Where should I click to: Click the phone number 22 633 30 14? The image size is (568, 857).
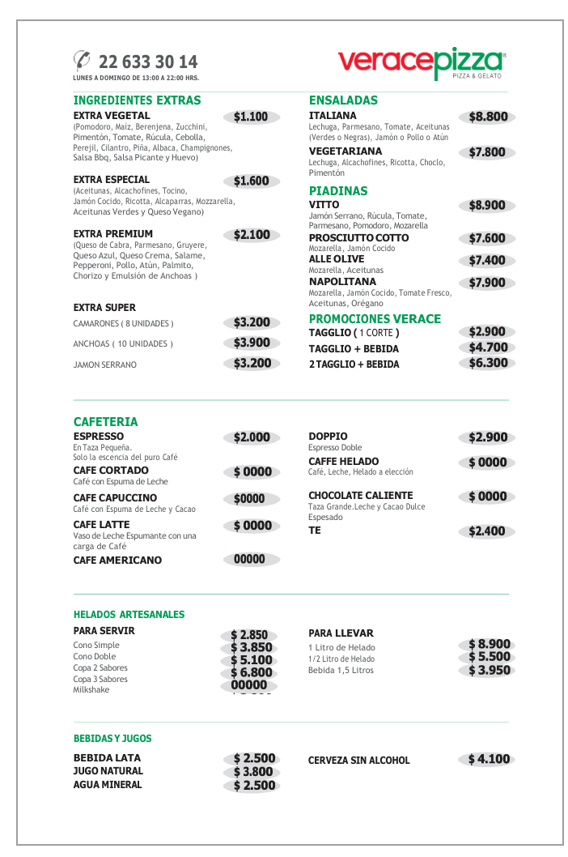[147, 62]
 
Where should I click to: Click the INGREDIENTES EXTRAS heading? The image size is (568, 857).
[137, 100]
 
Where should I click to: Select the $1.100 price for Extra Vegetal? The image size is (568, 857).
[251, 117]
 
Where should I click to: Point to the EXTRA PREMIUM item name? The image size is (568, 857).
[112, 234]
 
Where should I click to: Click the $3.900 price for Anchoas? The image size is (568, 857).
[252, 343]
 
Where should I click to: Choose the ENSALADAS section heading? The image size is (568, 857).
[343, 100]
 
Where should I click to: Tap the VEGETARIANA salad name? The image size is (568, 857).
[345, 151]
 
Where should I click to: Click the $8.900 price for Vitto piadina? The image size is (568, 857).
[487, 206]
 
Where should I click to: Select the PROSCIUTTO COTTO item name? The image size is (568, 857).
[358, 238]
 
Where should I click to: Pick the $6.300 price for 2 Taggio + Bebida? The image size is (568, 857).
[488, 363]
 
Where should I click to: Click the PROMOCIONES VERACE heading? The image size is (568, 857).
[375, 319]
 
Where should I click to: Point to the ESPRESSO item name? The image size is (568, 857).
[99, 437]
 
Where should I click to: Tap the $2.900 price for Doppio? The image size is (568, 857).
[488, 437]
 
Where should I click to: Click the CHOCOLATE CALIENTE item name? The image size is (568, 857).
[360, 496]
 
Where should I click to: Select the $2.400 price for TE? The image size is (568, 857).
[488, 531]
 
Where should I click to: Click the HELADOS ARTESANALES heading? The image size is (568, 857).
[129, 615]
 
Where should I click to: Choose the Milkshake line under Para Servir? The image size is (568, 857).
[91, 690]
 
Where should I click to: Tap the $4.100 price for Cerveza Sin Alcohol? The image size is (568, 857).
[489, 759]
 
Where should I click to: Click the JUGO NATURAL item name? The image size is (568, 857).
[108, 771]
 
